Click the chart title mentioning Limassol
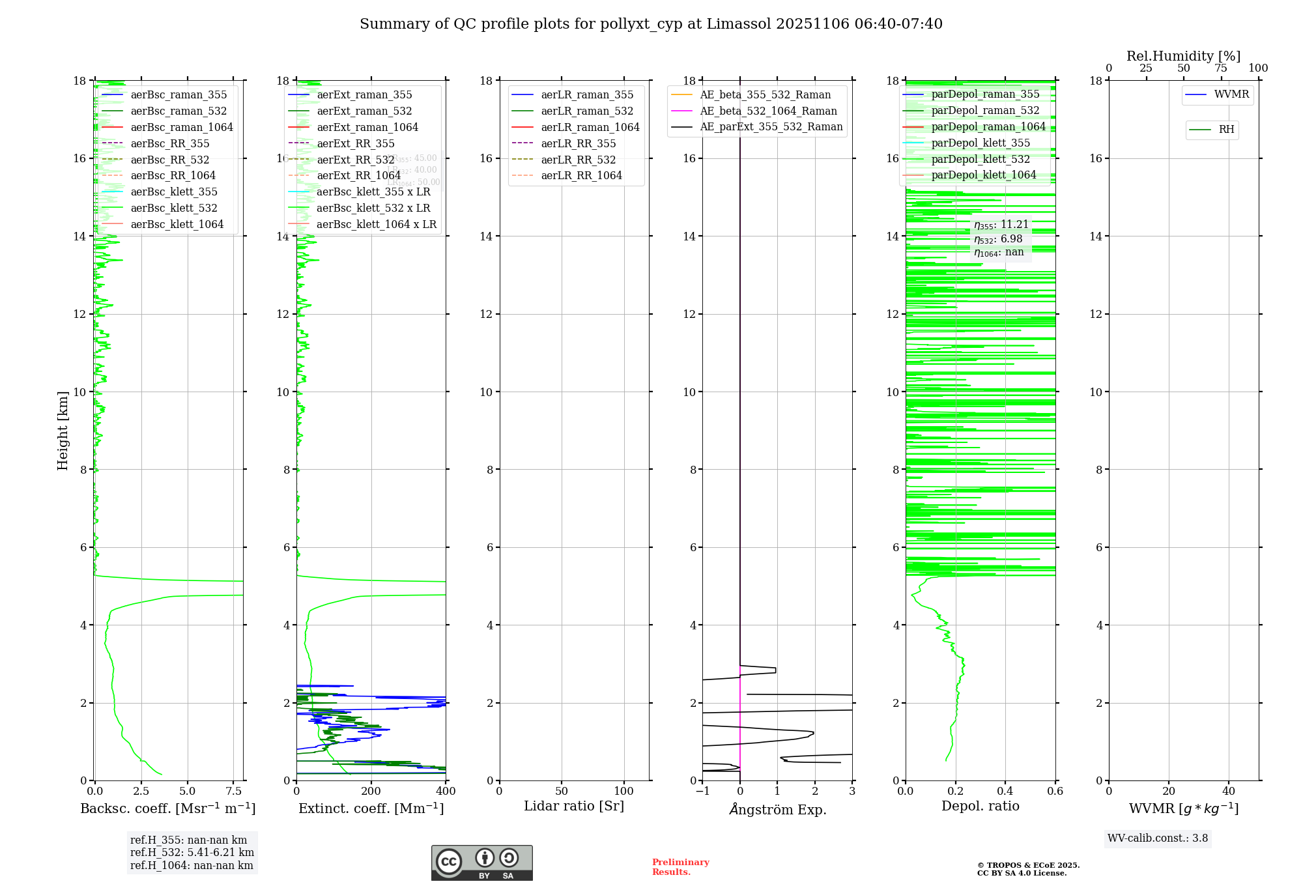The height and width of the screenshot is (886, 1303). tap(651, 24)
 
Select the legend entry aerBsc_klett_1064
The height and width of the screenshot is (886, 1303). tap(177, 224)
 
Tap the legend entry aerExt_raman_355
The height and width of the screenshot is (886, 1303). tap(364, 95)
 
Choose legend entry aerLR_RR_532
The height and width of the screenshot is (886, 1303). tap(578, 160)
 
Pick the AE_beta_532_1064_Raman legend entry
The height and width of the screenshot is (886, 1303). tap(768, 111)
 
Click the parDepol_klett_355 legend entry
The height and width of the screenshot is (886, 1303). tap(981, 143)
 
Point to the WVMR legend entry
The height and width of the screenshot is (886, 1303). tap(1231, 94)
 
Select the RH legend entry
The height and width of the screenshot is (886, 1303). tap(1226, 130)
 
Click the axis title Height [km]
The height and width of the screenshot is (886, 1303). tap(63, 431)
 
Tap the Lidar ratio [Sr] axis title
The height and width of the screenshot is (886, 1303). tap(574, 807)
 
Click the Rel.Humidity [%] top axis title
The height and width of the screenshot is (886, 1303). tap(1183, 56)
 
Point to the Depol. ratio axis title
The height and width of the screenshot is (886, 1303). tap(980, 807)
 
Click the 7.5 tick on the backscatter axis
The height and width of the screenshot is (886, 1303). tap(234, 792)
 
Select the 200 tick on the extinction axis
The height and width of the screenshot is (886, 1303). tap(371, 792)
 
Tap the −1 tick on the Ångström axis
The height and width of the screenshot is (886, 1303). tap(702, 792)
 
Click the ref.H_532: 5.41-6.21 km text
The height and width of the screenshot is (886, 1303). tap(192, 853)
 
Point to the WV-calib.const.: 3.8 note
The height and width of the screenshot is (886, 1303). tap(1158, 838)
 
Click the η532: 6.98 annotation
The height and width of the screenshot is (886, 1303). tap(998, 239)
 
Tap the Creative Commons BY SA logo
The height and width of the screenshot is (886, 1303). tap(481, 863)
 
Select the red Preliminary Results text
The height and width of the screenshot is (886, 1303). tap(680, 867)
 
